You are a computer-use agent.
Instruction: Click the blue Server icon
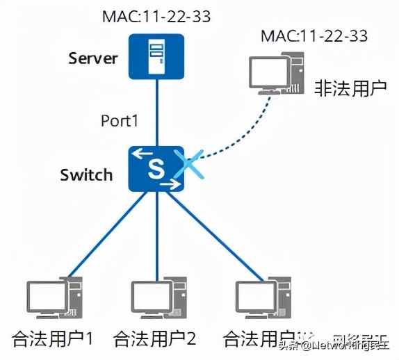(x=156, y=56)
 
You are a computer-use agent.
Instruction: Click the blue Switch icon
(x=156, y=169)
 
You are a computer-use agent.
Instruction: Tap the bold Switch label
(x=85, y=174)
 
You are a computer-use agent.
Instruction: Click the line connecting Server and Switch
(x=156, y=111)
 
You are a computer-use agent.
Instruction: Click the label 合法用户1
(x=53, y=338)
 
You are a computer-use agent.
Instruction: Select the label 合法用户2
(x=155, y=338)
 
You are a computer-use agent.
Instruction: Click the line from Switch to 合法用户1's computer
(x=104, y=236)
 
